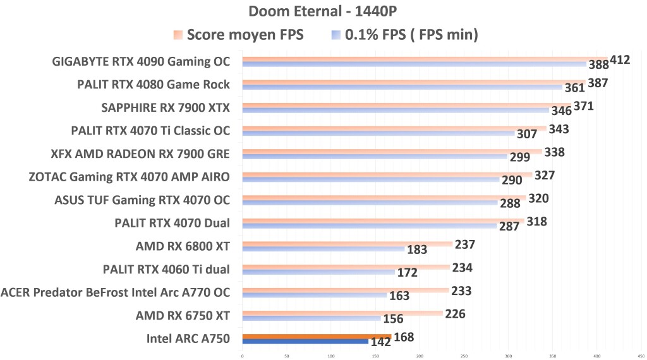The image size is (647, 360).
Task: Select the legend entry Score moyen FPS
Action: [245, 35]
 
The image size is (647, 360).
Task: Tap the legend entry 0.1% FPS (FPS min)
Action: [411, 35]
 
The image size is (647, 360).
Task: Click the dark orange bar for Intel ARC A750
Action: [317, 337]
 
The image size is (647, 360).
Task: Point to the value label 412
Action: [620, 60]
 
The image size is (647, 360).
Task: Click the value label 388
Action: [598, 64]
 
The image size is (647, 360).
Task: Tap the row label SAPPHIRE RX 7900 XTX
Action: [166, 108]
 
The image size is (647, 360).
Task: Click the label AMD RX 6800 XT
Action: [183, 246]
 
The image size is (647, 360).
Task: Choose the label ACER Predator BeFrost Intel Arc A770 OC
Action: [116, 292]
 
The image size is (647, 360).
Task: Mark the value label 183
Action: [416, 249]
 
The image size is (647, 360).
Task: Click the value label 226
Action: [456, 313]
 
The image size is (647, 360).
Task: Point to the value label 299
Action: [519, 157]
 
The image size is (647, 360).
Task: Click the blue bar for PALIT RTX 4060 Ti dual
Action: [318, 272]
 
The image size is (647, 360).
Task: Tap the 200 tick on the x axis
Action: [420, 356]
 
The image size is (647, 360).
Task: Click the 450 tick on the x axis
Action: [641, 356]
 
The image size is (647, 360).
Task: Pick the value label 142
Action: [380, 342]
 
